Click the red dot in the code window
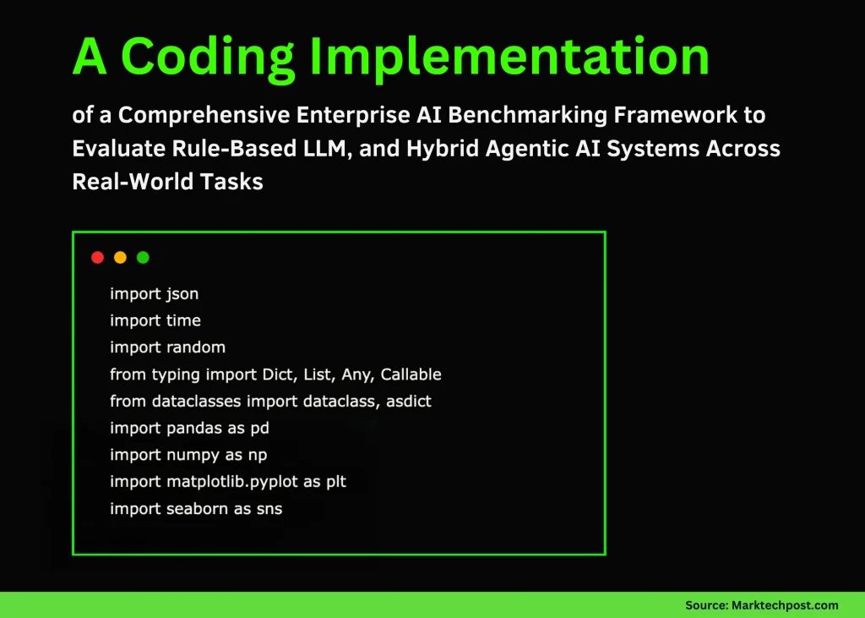coord(97,257)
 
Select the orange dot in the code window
coord(120,257)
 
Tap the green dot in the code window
coord(143,257)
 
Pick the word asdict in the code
coord(409,402)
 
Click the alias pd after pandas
coord(259,429)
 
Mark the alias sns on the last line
coord(269,509)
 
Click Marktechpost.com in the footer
coord(785,604)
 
